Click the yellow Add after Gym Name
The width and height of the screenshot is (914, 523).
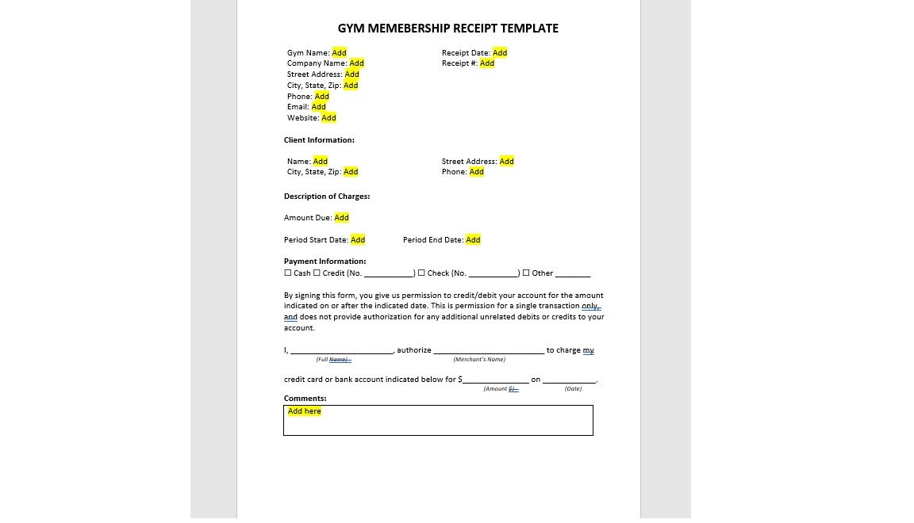(339, 53)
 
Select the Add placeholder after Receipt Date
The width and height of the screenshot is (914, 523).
(500, 53)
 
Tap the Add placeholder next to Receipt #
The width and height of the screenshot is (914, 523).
(487, 63)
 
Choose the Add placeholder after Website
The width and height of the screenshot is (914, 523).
(328, 118)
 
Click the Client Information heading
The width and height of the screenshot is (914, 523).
(319, 140)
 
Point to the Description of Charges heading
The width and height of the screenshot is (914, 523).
(327, 197)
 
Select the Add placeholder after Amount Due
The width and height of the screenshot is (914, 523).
(341, 218)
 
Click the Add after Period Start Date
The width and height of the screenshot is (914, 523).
(358, 240)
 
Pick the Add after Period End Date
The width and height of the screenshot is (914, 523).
(473, 240)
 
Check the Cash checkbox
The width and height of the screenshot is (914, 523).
(288, 273)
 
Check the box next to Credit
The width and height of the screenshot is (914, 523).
(317, 273)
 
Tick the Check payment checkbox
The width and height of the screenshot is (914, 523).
(421, 273)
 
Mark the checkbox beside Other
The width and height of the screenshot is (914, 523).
(526, 273)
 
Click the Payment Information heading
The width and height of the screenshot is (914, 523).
(325, 261)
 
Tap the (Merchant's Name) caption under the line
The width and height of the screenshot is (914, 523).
(479, 360)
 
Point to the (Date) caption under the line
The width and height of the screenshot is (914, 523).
(573, 389)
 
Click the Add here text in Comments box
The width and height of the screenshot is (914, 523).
(305, 411)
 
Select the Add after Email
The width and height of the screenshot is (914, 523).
(318, 107)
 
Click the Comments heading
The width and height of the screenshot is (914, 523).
(305, 399)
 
